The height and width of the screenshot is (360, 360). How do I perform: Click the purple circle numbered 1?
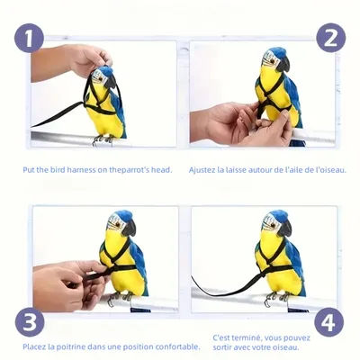29,39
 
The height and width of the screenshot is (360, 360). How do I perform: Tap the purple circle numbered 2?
330,38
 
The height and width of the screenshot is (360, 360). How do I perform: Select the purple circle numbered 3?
30,322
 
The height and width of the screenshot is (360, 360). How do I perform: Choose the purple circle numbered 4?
329,322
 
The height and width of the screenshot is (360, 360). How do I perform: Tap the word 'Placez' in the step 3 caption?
35,347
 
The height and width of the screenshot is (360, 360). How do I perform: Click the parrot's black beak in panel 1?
110,82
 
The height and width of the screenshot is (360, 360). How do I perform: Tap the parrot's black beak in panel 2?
283,64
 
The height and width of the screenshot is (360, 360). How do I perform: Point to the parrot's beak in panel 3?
130,228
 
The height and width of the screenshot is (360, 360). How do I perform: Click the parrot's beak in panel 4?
284,228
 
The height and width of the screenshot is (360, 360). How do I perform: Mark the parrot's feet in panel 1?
103,140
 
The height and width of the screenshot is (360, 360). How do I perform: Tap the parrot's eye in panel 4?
274,225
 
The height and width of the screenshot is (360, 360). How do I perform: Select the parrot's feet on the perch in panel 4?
276,297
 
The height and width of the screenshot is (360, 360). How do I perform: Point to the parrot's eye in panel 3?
118,225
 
